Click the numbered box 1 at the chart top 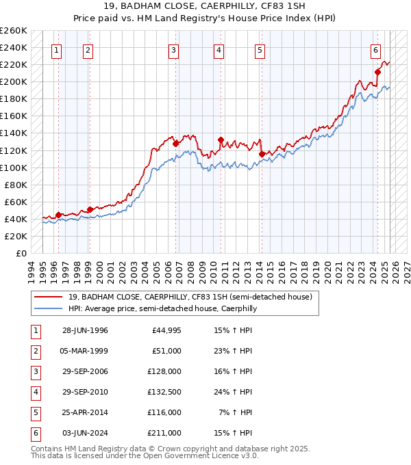click(x=56, y=49)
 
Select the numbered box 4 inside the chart click(x=218, y=49)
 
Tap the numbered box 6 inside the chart click(x=376, y=49)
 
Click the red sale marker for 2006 click(x=175, y=144)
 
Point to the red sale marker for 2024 click(x=377, y=72)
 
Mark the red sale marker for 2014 click(x=262, y=154)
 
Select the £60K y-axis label click(x=16, y=202)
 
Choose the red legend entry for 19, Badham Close click(x=190, y=297)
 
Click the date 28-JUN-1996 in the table click(x=85, y=330)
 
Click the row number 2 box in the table click(x=34, y=351)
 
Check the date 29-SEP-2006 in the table click(x=85, y=371)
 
